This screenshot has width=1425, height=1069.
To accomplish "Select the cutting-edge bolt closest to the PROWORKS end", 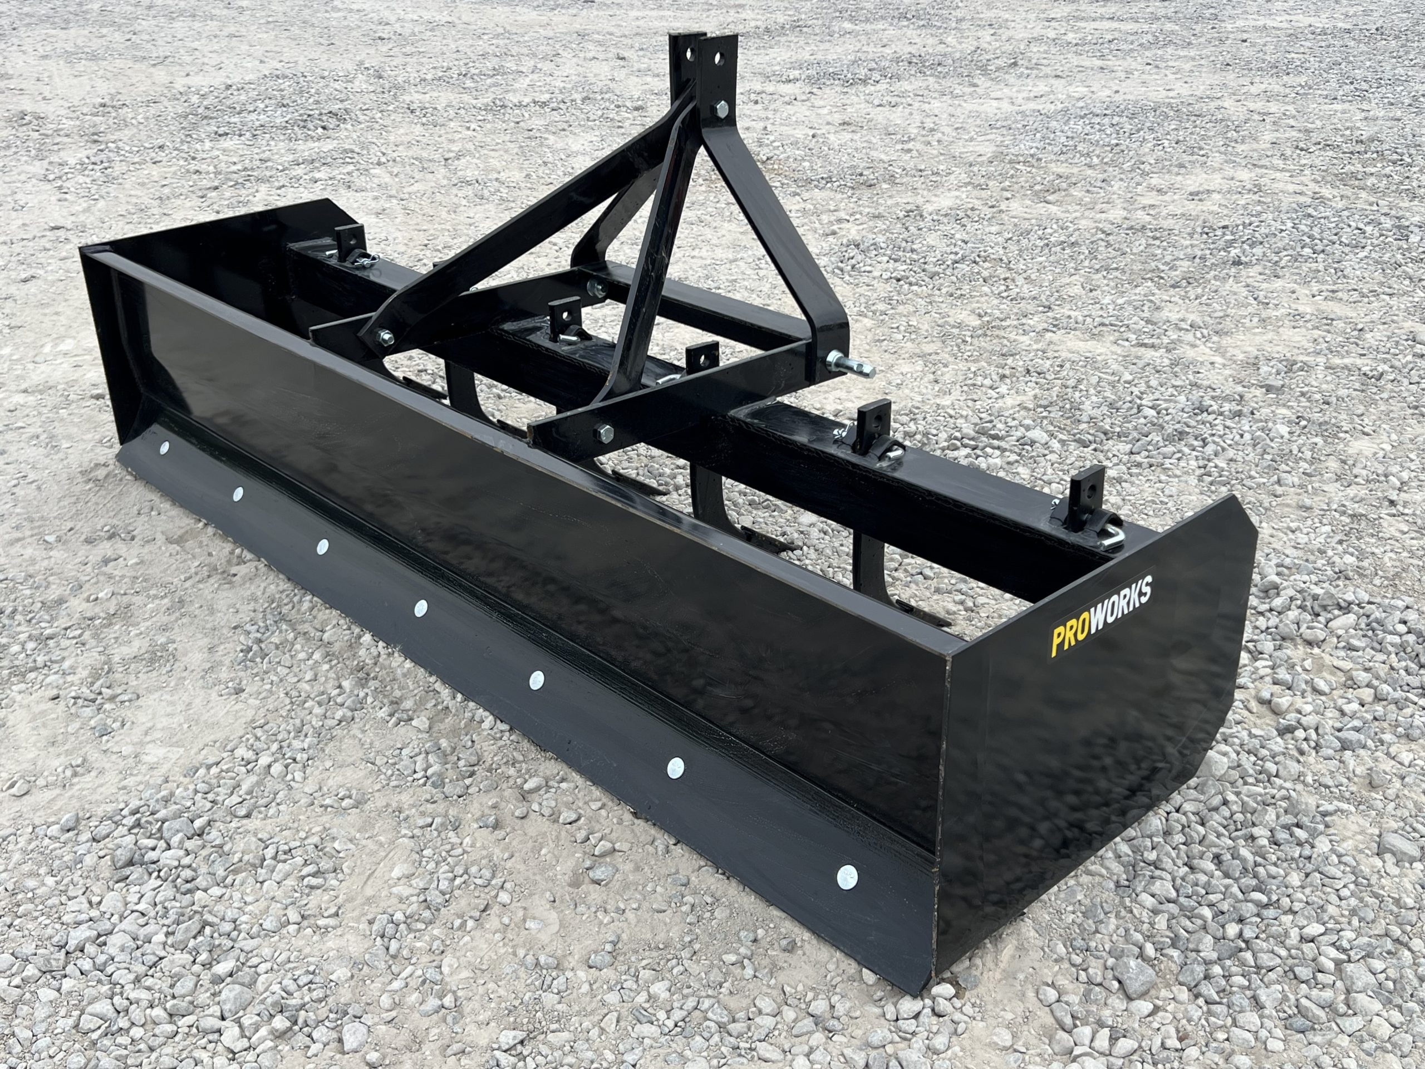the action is (x=847, y=876).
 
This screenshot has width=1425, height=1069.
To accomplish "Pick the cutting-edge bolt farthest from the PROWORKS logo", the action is (x=165, y=447).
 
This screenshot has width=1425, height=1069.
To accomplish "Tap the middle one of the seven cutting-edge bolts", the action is (x=421, y=606).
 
